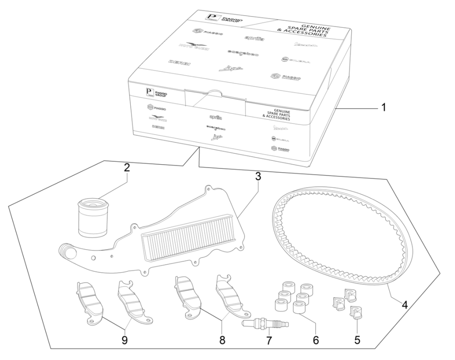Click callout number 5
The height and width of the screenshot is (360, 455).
pos(356,339)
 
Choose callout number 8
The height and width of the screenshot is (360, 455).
pos(221,339)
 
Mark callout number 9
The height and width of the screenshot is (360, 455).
pos(124,339)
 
